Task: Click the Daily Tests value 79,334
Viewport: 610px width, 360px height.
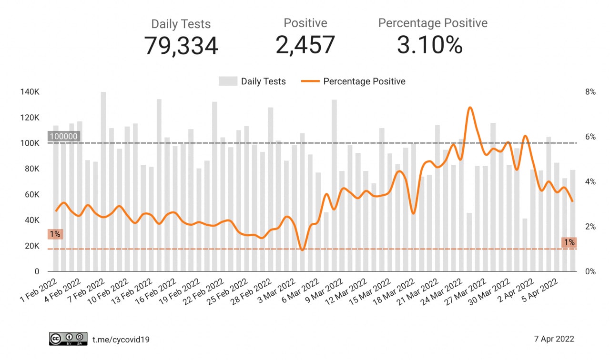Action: pyautogui.click(x=181, y=46)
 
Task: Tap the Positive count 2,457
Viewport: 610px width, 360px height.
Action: pyautogui.click(x=305, y=45)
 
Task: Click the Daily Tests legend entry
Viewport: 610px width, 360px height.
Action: pyautogui.click(x=252, y=81)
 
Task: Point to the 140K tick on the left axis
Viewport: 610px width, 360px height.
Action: pyautogui.click(x=30, y=92)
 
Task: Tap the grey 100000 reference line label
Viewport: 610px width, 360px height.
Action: pyautogui.click(x=64, y=136)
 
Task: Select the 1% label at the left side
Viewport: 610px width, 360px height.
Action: pyautogui.click(x=54, y=234)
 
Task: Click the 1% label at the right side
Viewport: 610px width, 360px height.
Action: pyautogui.click(x=569, y=242)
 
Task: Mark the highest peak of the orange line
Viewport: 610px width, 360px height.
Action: pyautogui.click(x=470, y=108)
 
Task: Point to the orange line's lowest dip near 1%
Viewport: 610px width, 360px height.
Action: pyautogui.click(x=302, y=250)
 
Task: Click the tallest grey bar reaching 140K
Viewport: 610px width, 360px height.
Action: pyautogui.click(x=103, y=181)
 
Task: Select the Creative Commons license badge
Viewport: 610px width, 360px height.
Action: pyautogui.click(x=68, y=339)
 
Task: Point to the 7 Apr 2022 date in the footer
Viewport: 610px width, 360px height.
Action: pyautogui.click(x=554, y=339)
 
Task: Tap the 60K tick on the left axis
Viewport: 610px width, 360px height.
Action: pyautogui.click(x=31, y=195)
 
